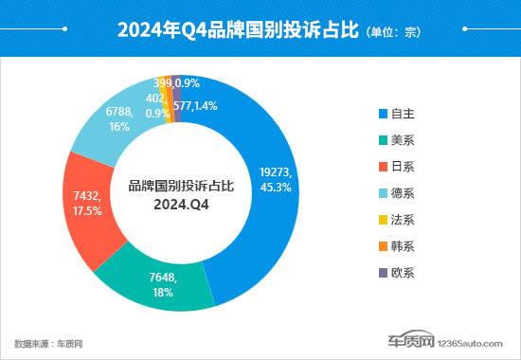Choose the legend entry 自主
coord(396,114)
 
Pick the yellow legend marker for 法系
coord(383,220)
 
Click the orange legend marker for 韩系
coord(383,246)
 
